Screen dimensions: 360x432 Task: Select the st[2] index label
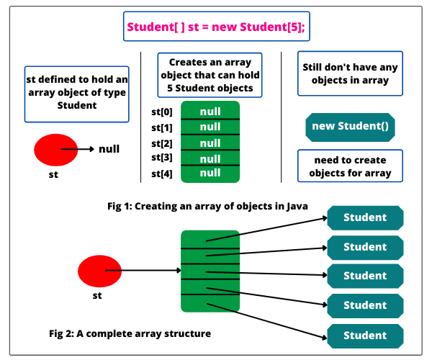click(162, 143)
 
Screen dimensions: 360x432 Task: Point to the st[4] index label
click(162, 174)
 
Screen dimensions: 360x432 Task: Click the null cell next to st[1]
click(210, 127)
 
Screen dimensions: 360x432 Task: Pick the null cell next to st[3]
click(210, 158)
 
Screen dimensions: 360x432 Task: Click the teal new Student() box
click(350, 127)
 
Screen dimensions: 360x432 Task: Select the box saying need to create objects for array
click(350, 166)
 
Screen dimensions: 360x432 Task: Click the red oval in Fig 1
click(56, 150)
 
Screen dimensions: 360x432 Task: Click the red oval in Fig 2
click(99, 271)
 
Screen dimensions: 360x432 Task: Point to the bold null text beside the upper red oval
click(109, 150)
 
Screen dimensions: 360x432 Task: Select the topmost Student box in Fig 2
click(365, 217)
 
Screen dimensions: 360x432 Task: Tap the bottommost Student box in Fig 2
click(365, 335)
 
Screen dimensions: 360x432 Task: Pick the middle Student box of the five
click(365, 276)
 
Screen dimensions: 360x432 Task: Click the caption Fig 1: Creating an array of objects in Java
click(207, 207)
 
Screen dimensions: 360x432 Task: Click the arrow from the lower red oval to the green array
click(144, 271)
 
